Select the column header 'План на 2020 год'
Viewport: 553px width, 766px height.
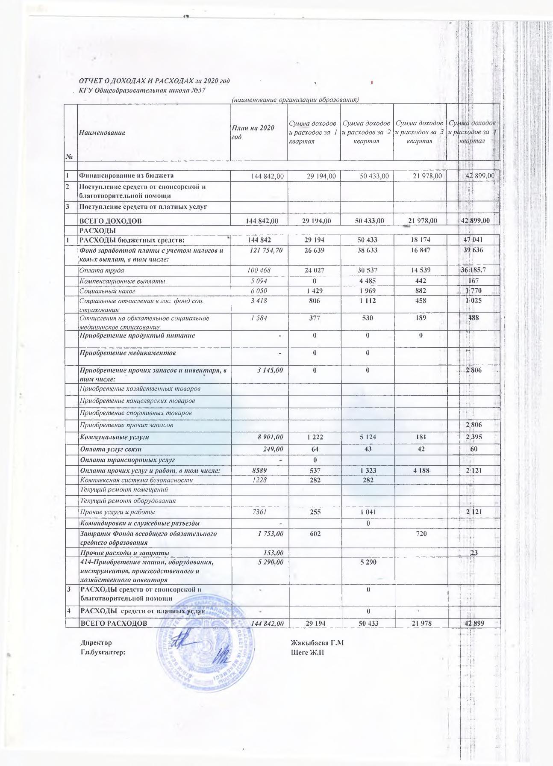point(252,133)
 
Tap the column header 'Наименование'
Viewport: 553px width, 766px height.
point(102,133)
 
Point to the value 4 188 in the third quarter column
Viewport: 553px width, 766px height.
point(420,470)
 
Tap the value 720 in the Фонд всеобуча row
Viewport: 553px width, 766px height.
point(420,534)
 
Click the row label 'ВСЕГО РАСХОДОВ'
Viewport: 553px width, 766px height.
point(114,623)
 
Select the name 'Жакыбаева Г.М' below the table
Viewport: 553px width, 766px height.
point(317,643)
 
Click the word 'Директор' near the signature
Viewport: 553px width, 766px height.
point(96,643)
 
